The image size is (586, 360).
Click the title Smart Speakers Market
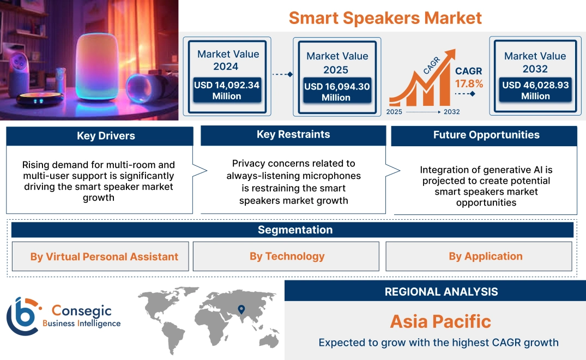[385, 17]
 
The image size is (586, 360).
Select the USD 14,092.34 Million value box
[226, 91]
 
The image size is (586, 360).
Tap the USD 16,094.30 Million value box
[336, 92]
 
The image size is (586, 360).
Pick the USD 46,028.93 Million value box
[535, 91]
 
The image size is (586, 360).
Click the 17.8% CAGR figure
[469, 83]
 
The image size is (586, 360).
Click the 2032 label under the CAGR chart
[451, 112]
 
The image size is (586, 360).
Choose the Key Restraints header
[293, 135]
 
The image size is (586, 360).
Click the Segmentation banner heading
[295, 230]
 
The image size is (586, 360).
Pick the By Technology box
[287, 256]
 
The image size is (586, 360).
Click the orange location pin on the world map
[240, 310]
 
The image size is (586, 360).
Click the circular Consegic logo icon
[23, 316]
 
